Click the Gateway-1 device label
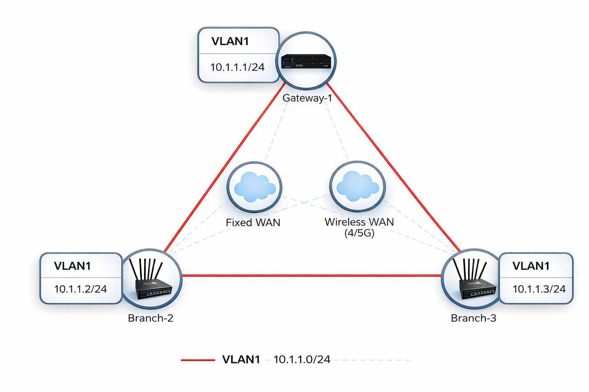pos(307,98)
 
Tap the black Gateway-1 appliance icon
pos(306,61)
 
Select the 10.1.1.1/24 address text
pos(237,67)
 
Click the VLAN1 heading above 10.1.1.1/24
pos(230,41)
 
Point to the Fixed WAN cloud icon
pos(255,187)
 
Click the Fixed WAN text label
pos(253,222)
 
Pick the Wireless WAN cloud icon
pos(357,186)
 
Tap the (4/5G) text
pos(359,233)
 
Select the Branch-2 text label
pos(151,318)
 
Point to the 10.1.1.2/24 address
pos(81,289)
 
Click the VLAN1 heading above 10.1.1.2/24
pos(72,266)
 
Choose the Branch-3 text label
pos(474,318)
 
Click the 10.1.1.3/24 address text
pos(539,289)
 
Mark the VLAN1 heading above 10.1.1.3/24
pos(531,266)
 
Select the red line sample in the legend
pos(197,360)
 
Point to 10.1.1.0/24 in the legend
pos(302,359)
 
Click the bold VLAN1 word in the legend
pos(241,359)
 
